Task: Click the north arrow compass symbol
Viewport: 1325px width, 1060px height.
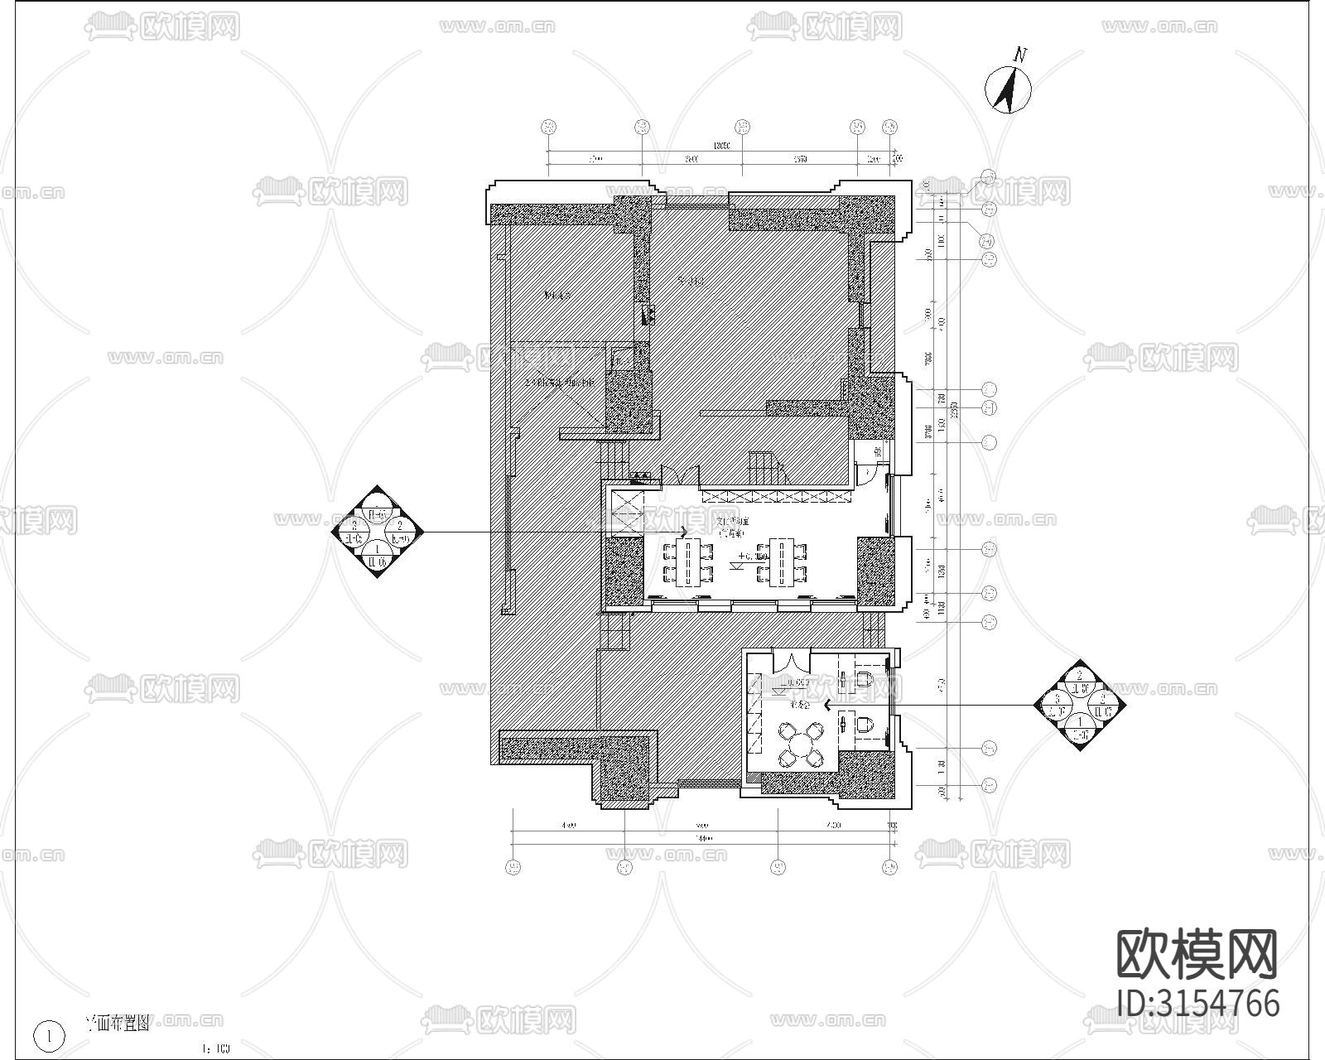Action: click(x=1008, y=89)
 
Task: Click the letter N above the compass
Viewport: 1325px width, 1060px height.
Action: click(x=1020, y=55)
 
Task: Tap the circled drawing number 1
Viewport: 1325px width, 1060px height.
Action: click(x=50, y=1035)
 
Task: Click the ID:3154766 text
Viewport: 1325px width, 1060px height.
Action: click(x=1197, y=1004)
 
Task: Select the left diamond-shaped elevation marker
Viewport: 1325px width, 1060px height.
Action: click(x=378, y=532)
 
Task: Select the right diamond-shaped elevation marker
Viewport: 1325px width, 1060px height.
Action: click(x=1080, y=706)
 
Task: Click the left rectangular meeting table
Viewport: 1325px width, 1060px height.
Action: click(x=688, y=562)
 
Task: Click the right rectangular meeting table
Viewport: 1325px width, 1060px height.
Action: click(x=782, y=562)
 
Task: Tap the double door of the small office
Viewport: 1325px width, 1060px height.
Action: click(x=792, y=662)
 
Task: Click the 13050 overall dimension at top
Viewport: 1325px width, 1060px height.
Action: click(x=720, y=147)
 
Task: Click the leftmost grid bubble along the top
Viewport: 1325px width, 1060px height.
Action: click(x=547, y=127)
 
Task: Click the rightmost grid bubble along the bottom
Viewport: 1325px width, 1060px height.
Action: click(x=889, y=867)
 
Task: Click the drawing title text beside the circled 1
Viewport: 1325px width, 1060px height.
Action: click(x=118, y=1024)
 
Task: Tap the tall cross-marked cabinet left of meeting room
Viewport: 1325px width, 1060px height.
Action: click(x=625, y=513)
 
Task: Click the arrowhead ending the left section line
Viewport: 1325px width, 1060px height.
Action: click(x=684, y=532)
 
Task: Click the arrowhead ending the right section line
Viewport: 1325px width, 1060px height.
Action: click(x=826, y=706)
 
